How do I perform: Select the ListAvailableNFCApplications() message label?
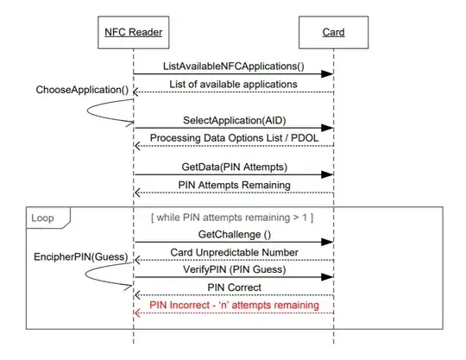[233, 66]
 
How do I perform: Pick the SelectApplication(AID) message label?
[233, 123]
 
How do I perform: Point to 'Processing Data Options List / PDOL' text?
[233, 138]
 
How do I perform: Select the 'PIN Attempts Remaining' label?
[233, 185]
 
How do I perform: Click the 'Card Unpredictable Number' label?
[233, 251]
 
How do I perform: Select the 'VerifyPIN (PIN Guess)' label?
[233, 270]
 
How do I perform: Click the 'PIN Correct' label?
[233, 287]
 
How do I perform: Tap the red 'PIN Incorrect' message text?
[233, 305]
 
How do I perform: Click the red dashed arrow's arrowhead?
[138, 313]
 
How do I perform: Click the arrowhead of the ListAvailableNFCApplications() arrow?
[328, 74]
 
